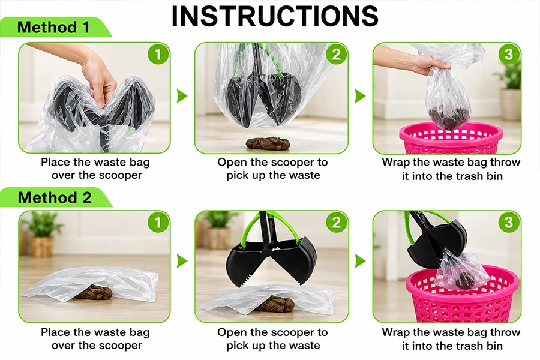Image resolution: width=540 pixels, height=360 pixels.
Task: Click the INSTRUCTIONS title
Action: point(274,16)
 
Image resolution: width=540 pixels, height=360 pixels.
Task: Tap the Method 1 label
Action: point(53,27)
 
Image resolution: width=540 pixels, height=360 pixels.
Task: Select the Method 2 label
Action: point(55,197)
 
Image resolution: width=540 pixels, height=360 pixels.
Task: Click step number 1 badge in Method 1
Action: point(158,54)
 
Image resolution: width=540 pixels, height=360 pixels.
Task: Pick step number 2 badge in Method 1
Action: point(336,54)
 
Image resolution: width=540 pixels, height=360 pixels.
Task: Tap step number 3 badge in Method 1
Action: point(509,54)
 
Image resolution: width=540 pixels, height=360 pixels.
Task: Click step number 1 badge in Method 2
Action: point(158,222)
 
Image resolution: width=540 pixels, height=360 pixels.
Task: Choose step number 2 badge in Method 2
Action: point(336,222)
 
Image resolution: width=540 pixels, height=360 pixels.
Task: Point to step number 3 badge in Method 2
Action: point(509,222)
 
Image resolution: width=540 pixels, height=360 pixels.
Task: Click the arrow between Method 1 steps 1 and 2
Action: point(182,96)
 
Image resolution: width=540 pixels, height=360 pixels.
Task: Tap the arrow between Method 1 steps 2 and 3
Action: point(360,96)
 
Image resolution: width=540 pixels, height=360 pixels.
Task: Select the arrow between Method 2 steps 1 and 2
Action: point(182,261)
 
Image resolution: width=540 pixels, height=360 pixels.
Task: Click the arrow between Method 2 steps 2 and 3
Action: point(360,261)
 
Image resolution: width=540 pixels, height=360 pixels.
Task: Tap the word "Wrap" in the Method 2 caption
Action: point(396,332)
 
